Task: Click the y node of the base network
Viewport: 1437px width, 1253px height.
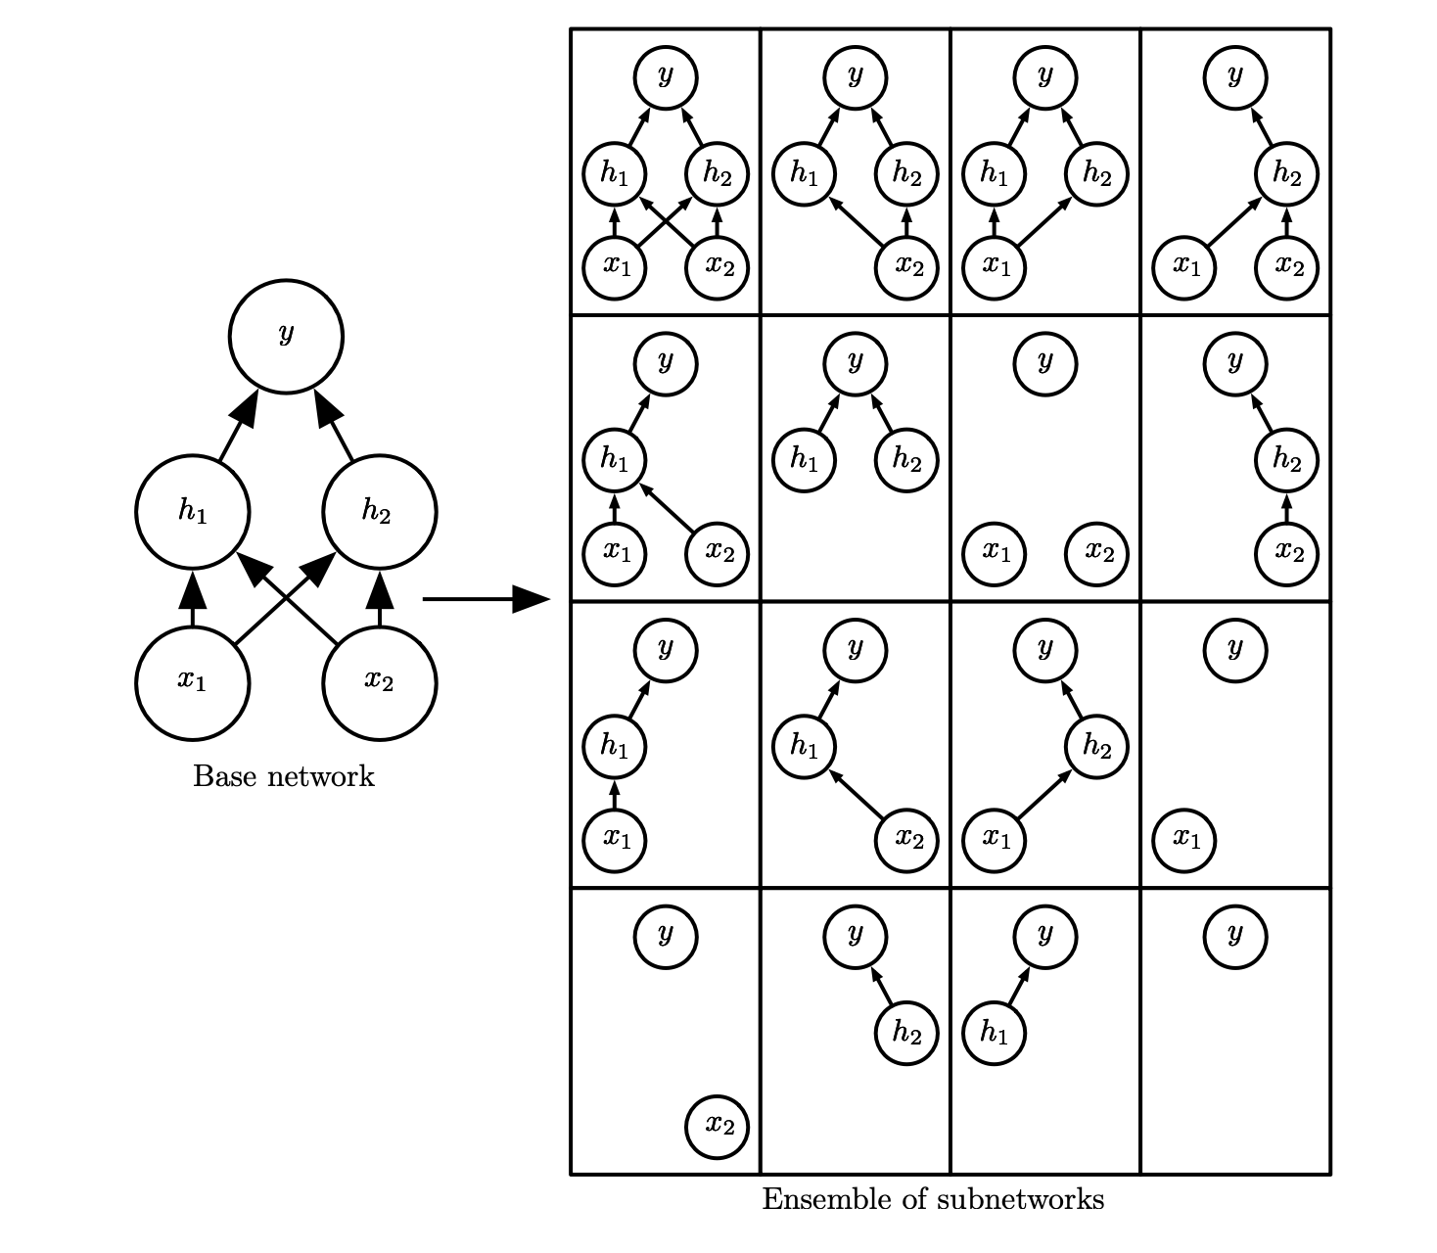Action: coord(286,337)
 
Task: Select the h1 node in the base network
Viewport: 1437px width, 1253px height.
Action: coord(193,512)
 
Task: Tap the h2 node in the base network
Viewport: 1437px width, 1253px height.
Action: coord(379,512)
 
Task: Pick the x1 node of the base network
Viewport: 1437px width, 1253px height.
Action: coord(193,682)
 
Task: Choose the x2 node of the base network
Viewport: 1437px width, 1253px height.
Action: coord(379,682)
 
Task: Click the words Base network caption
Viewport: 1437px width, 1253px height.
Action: coord(284,776)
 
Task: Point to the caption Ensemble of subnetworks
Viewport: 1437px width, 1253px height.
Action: coord(933,1199)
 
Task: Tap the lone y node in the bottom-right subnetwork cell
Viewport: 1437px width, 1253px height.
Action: coord(1234,936)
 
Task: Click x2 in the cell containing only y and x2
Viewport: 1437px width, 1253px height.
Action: coord(718,1126)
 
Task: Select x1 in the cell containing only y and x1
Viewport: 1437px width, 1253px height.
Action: coord(1184,839)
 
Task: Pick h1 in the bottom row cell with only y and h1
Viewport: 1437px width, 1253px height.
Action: coord(995,1033)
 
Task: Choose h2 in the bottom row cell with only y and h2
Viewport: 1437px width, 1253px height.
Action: coord(906,1033)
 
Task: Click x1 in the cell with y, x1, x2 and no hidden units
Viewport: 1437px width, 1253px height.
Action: coord(995,553)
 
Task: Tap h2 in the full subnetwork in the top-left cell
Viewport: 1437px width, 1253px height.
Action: coord(717,174)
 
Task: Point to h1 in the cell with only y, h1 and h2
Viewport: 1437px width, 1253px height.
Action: coord(805,459)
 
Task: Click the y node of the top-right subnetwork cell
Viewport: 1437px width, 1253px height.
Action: coord(1234,76)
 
